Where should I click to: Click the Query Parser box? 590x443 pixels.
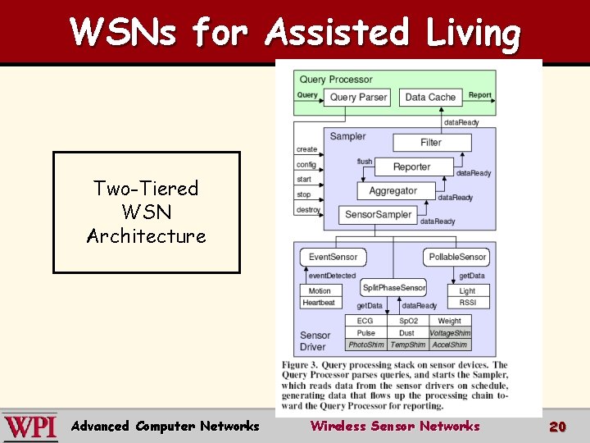[x=358, y=97]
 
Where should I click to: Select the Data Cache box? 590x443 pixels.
[x=430, y=97]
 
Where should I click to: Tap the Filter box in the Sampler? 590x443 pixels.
[x=431, y=142]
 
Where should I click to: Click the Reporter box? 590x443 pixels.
[x=412, y=167]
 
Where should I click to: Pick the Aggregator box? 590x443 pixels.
[x=393, y=190]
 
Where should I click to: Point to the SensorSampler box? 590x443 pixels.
[x=378, y=214]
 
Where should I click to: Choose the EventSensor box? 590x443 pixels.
[x=333, y=257]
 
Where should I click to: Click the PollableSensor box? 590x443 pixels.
[x=458, y=257]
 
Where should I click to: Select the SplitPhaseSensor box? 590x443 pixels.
[x=393, y=287]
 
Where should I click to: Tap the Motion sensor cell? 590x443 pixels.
[x=320, y=291]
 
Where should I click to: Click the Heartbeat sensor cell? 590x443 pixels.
[x=320, y=303]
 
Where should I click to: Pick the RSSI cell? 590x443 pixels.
[x=467, y=303]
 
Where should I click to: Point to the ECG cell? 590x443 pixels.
[x=365, y=322]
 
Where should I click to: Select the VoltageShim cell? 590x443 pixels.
[x=450, y=333]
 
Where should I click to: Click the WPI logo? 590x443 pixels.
[x=30, y=427]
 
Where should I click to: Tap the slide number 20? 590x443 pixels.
[x=557, y=426]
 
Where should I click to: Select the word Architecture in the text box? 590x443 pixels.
[x=147, y=236]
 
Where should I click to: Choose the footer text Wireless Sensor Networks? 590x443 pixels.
[x=394, y=426]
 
